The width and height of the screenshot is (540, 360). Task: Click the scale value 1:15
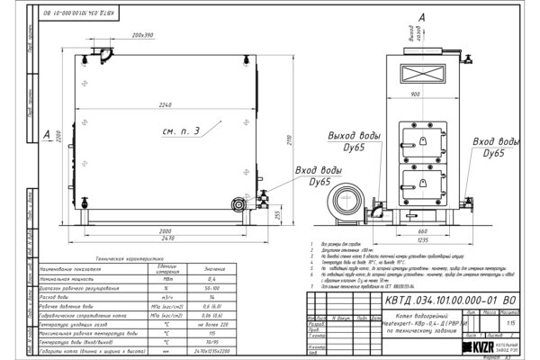(x=512, y=321)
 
